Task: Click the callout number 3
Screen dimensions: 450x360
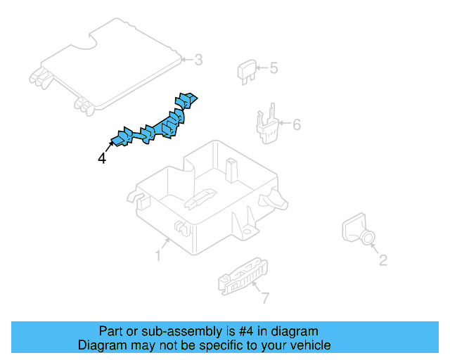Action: click(x=198, y=60)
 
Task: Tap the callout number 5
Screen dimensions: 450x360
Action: click(x=274, y=68)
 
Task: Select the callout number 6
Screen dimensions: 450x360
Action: click(x=297, y=124)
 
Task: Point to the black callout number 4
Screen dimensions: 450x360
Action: click(x=102, y=158)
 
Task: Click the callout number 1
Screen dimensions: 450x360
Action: click(x=158, y=255)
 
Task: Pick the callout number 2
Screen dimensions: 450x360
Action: click(x=383, y=260)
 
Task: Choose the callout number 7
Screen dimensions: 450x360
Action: click(x=266, y=298)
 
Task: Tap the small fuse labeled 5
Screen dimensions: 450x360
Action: click(x=246, y=72)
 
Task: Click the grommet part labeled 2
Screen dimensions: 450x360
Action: click(x=358, y=229)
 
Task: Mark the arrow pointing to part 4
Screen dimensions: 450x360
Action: click(x=109, y=147)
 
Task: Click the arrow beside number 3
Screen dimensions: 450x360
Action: click(x=188, y=60)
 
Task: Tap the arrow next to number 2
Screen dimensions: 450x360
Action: click(x=375, y=249)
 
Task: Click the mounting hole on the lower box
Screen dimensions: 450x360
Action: click(x=246, y=231)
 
